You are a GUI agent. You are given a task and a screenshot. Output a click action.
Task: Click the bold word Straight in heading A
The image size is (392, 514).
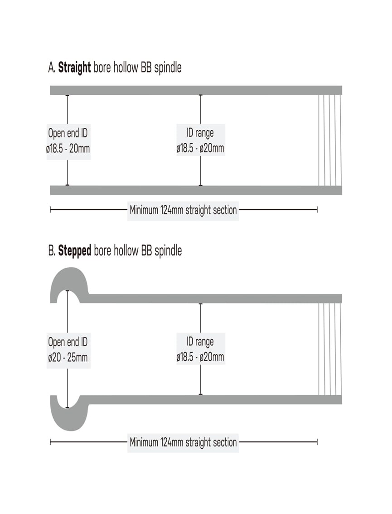pyautogui.click(x=74, y=68)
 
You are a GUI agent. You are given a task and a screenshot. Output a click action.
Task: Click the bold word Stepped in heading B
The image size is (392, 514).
pyautogui.click(x=75, y=251)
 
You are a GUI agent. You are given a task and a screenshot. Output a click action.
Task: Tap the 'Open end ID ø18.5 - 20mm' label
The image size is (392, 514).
pyautogui.click(x=68, y=141)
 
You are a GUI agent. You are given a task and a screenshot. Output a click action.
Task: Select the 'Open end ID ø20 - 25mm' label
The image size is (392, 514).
pyautogui.click(x=68, y=350)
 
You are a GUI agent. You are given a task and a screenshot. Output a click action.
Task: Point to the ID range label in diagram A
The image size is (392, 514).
pyautogui.click(x=200, y=140)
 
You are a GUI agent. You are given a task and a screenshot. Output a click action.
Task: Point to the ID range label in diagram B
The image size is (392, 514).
pyautogui.click(x=200, y=349)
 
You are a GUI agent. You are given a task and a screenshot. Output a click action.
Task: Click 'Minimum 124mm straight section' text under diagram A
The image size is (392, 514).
pyautogui.click(x=183, y=210)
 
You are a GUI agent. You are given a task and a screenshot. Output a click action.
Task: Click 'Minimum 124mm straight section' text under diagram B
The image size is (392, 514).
pyautogui.click(x=183, y=442)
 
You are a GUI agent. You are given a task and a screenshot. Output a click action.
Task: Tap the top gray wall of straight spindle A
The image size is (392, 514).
pyautogui.click(x=196, y=90)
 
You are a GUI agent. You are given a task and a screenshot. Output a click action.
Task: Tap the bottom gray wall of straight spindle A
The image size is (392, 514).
pyautogui.click(x=196, y=190)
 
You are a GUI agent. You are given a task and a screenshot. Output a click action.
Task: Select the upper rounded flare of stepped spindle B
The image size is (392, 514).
pyautogui.click(x=69, y=284)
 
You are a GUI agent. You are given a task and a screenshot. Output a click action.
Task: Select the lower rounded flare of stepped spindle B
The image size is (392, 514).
pyautogui.click(x=69, y=413)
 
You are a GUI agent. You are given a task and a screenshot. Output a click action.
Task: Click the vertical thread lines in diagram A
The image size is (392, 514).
pyautogui.click(x=330, y=140)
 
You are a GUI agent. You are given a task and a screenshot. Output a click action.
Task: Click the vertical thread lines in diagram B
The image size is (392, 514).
pyautogui.click(x=330, y=349)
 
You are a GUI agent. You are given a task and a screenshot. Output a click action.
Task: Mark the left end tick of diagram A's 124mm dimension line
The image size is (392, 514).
pyautogui.click(x=50, y=210)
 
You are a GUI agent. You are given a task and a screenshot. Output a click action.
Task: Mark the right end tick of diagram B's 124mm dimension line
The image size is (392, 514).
pyautogui.click(x=317, y=442)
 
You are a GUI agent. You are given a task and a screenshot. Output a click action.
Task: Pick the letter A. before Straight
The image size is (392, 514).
pyautogui.click(x=52, y=68)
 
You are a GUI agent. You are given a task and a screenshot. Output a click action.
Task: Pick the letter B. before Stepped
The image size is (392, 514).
pyautogui.click(x=52, y=251)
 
